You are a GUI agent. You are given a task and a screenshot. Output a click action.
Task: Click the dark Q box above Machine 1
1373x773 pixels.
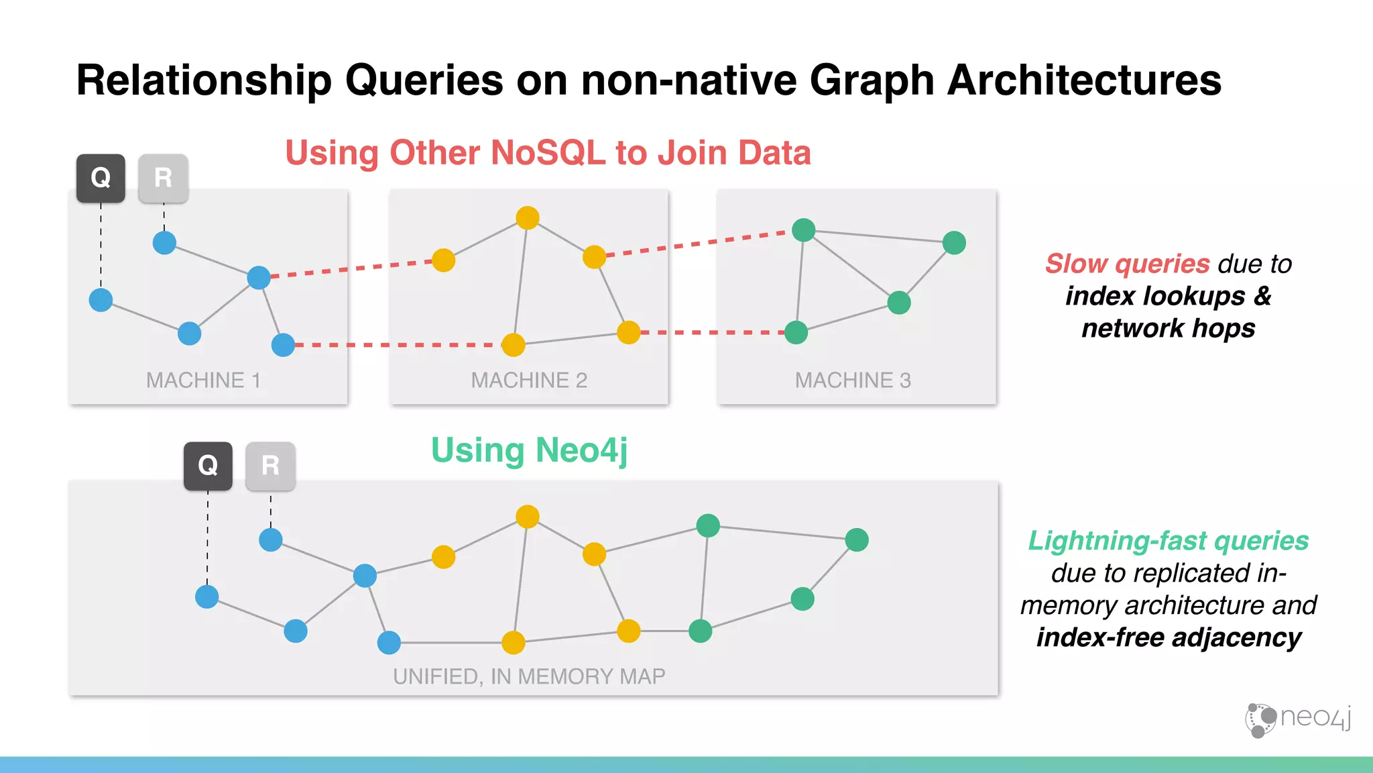[x=101, y=178]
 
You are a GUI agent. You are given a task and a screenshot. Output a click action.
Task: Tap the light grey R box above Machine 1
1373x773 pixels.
[x=163, y=178]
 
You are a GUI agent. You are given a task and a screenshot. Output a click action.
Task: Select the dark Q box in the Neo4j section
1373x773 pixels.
[x=208, y=465]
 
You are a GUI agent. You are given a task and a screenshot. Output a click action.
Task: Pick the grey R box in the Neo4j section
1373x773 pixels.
[x=270, y=465]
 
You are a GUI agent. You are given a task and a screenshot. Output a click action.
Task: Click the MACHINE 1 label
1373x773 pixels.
[x=203, y=380]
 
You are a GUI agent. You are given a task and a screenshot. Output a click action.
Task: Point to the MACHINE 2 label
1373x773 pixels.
[x=529, y=380]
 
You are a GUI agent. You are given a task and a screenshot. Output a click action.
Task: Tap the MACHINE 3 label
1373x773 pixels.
[x=853, y=380]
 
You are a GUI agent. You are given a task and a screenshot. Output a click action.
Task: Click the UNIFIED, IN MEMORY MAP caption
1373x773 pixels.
[x=529, y=676]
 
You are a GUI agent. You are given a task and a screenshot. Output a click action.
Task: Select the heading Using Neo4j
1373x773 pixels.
[x=529, y=450]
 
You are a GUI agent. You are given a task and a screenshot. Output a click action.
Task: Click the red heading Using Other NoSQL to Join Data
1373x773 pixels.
[x=548, y=153]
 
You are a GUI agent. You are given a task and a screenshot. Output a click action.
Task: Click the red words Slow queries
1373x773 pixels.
[x=1127, y=264]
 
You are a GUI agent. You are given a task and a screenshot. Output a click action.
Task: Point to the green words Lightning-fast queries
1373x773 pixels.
[x=1168, y=541]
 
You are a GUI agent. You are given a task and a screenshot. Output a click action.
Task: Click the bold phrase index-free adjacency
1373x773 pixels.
[x=1169, y=637]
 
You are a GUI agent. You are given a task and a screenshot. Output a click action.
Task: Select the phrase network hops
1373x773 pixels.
[x=1168, y=328]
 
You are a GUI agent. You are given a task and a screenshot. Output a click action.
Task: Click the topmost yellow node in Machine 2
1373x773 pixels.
[x=528, y=217]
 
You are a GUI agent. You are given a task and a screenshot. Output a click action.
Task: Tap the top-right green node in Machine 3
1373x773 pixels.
[x=954, y=242]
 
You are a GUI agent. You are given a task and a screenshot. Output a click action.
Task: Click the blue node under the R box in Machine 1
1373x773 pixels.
[x=164, y=242]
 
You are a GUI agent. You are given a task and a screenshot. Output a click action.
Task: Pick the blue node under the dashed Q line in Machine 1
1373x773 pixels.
[x=101, y=299]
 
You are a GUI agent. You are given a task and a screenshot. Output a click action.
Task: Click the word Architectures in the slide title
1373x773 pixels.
[x=1084, y=80]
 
